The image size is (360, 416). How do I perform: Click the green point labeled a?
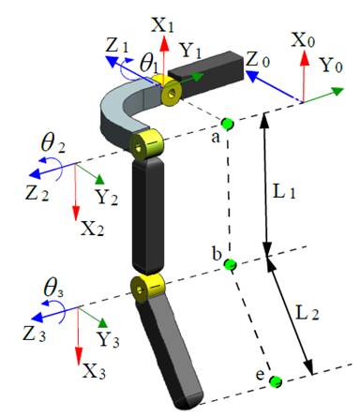[227, 124]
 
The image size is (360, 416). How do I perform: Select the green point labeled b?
[231, 265]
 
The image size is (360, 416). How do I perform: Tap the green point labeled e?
[276, 381]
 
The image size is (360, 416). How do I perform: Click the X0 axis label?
[303, 40]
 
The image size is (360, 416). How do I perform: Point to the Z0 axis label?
[257, 60]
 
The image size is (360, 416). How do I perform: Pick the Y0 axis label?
[332, 66]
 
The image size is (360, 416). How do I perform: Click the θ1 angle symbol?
[149, 64]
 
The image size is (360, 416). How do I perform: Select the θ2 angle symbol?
[53, 144]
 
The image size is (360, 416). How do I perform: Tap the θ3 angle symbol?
[53, 289]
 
